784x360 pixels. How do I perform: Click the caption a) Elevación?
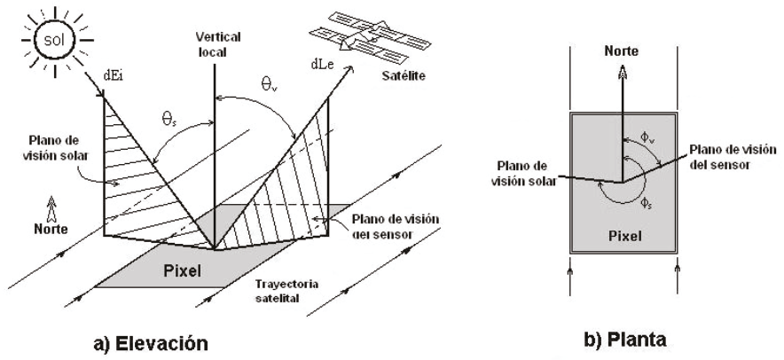pyautogui.click(x=156, y=341)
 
